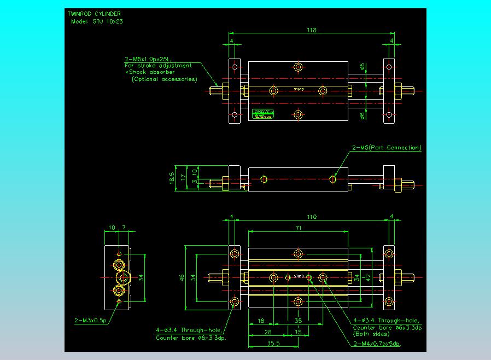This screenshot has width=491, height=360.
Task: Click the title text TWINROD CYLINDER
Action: tap(94, 13)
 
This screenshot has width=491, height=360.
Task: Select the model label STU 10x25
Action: tap(96, 21)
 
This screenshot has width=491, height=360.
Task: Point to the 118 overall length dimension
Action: tap(311, 31)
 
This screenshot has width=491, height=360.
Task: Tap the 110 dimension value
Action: tap(311, 217)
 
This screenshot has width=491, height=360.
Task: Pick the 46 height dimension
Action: tap(182, 278)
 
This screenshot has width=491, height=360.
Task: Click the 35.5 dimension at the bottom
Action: tap(273, 344)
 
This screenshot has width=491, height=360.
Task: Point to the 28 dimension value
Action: tap(268, 332)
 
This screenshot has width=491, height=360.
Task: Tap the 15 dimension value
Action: tap(299, 332)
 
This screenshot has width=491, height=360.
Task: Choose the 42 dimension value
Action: tap(368, 277)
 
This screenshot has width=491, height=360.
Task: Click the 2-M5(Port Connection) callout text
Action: tap(387, 148)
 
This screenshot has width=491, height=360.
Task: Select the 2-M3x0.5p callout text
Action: tap(90, 320)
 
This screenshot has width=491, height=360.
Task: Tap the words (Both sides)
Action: tap(370, 334)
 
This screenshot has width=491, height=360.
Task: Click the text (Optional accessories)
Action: tap(164, 79)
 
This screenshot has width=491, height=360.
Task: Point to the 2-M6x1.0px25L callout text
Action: tap(148, 59)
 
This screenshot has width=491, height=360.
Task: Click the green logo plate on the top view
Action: tap(263, 114)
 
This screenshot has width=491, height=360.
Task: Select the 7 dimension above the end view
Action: tap(124, 227)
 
